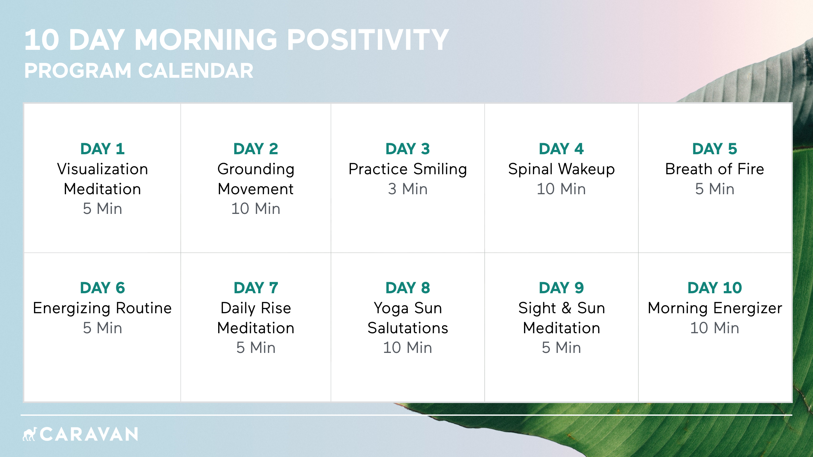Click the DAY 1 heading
pos(102,149)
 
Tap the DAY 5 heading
pos(715,149)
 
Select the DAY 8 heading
pos(407,288)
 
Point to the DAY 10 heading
pos(715,288)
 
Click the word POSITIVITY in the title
pos(368,40)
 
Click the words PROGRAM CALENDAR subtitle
pos(139,70)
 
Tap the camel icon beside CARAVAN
pos(30,434)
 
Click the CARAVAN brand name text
pos(89,434)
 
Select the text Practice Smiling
pos(407,169)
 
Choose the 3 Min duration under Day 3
pos(407,189)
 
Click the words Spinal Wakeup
pos(561,169)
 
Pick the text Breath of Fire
pos(715,169)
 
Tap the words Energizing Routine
pos(102,308)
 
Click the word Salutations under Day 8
pos(407,328)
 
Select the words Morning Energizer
pos(715,308)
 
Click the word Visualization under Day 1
pos(102,169)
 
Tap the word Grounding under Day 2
pos(256,169)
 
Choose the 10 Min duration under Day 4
pos(561,189)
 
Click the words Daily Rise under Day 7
pos(256,308)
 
